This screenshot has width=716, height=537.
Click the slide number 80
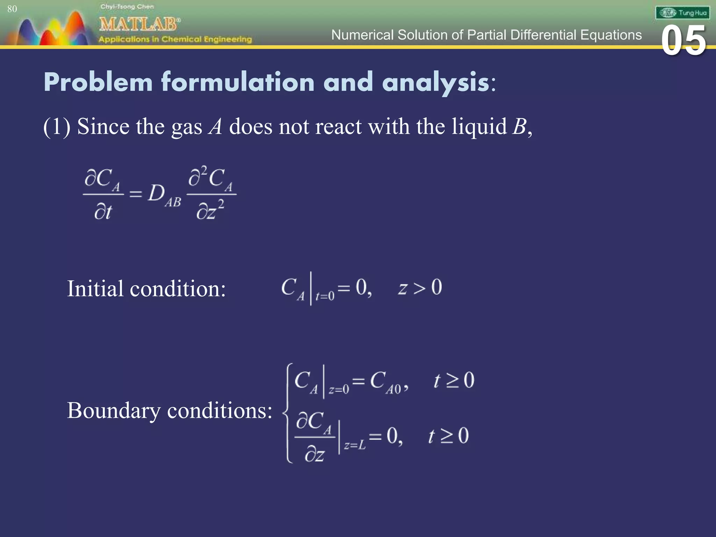[x=12, y=9]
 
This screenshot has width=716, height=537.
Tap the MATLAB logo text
[x=139, y=24]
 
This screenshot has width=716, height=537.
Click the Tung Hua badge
[x=682, y=13]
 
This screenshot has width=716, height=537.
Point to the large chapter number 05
[x=683, y=41]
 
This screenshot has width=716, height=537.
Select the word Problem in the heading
[x=98, y=82]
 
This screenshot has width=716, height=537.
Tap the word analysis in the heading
[x=436, y=82]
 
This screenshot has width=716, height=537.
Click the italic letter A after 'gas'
[x=215, y=127]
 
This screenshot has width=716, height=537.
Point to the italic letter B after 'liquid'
[x=519, y=127]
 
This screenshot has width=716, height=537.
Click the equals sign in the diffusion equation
[x=136, y=194]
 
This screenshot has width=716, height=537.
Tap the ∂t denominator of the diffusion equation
[x=103, y=212]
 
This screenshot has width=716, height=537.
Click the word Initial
[x=95, y=289]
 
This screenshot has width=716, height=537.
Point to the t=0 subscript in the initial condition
[x=325, y=296]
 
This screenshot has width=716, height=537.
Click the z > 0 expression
[x=420, y=288]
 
